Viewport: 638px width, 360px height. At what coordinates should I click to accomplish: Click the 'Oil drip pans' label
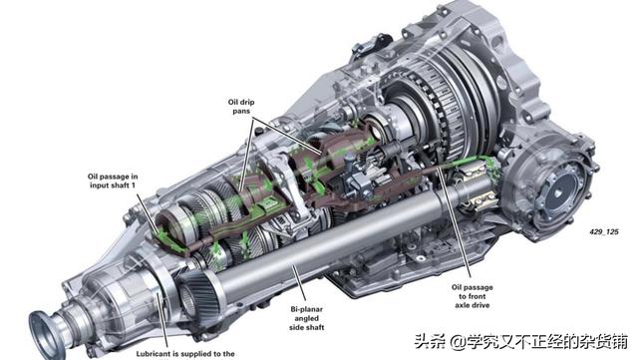click(241, 107)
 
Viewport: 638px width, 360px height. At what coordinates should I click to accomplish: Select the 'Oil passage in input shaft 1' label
click(113, 180)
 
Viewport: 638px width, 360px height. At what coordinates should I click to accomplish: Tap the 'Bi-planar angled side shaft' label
click(307, 318)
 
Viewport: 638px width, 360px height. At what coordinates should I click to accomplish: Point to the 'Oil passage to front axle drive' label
click(472, 296)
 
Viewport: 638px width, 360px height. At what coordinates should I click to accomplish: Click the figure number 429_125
click(604, 231)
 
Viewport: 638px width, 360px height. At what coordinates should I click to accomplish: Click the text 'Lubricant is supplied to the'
click(185, 354)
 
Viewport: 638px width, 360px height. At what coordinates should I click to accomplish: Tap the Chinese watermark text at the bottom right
click(520, 341)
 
